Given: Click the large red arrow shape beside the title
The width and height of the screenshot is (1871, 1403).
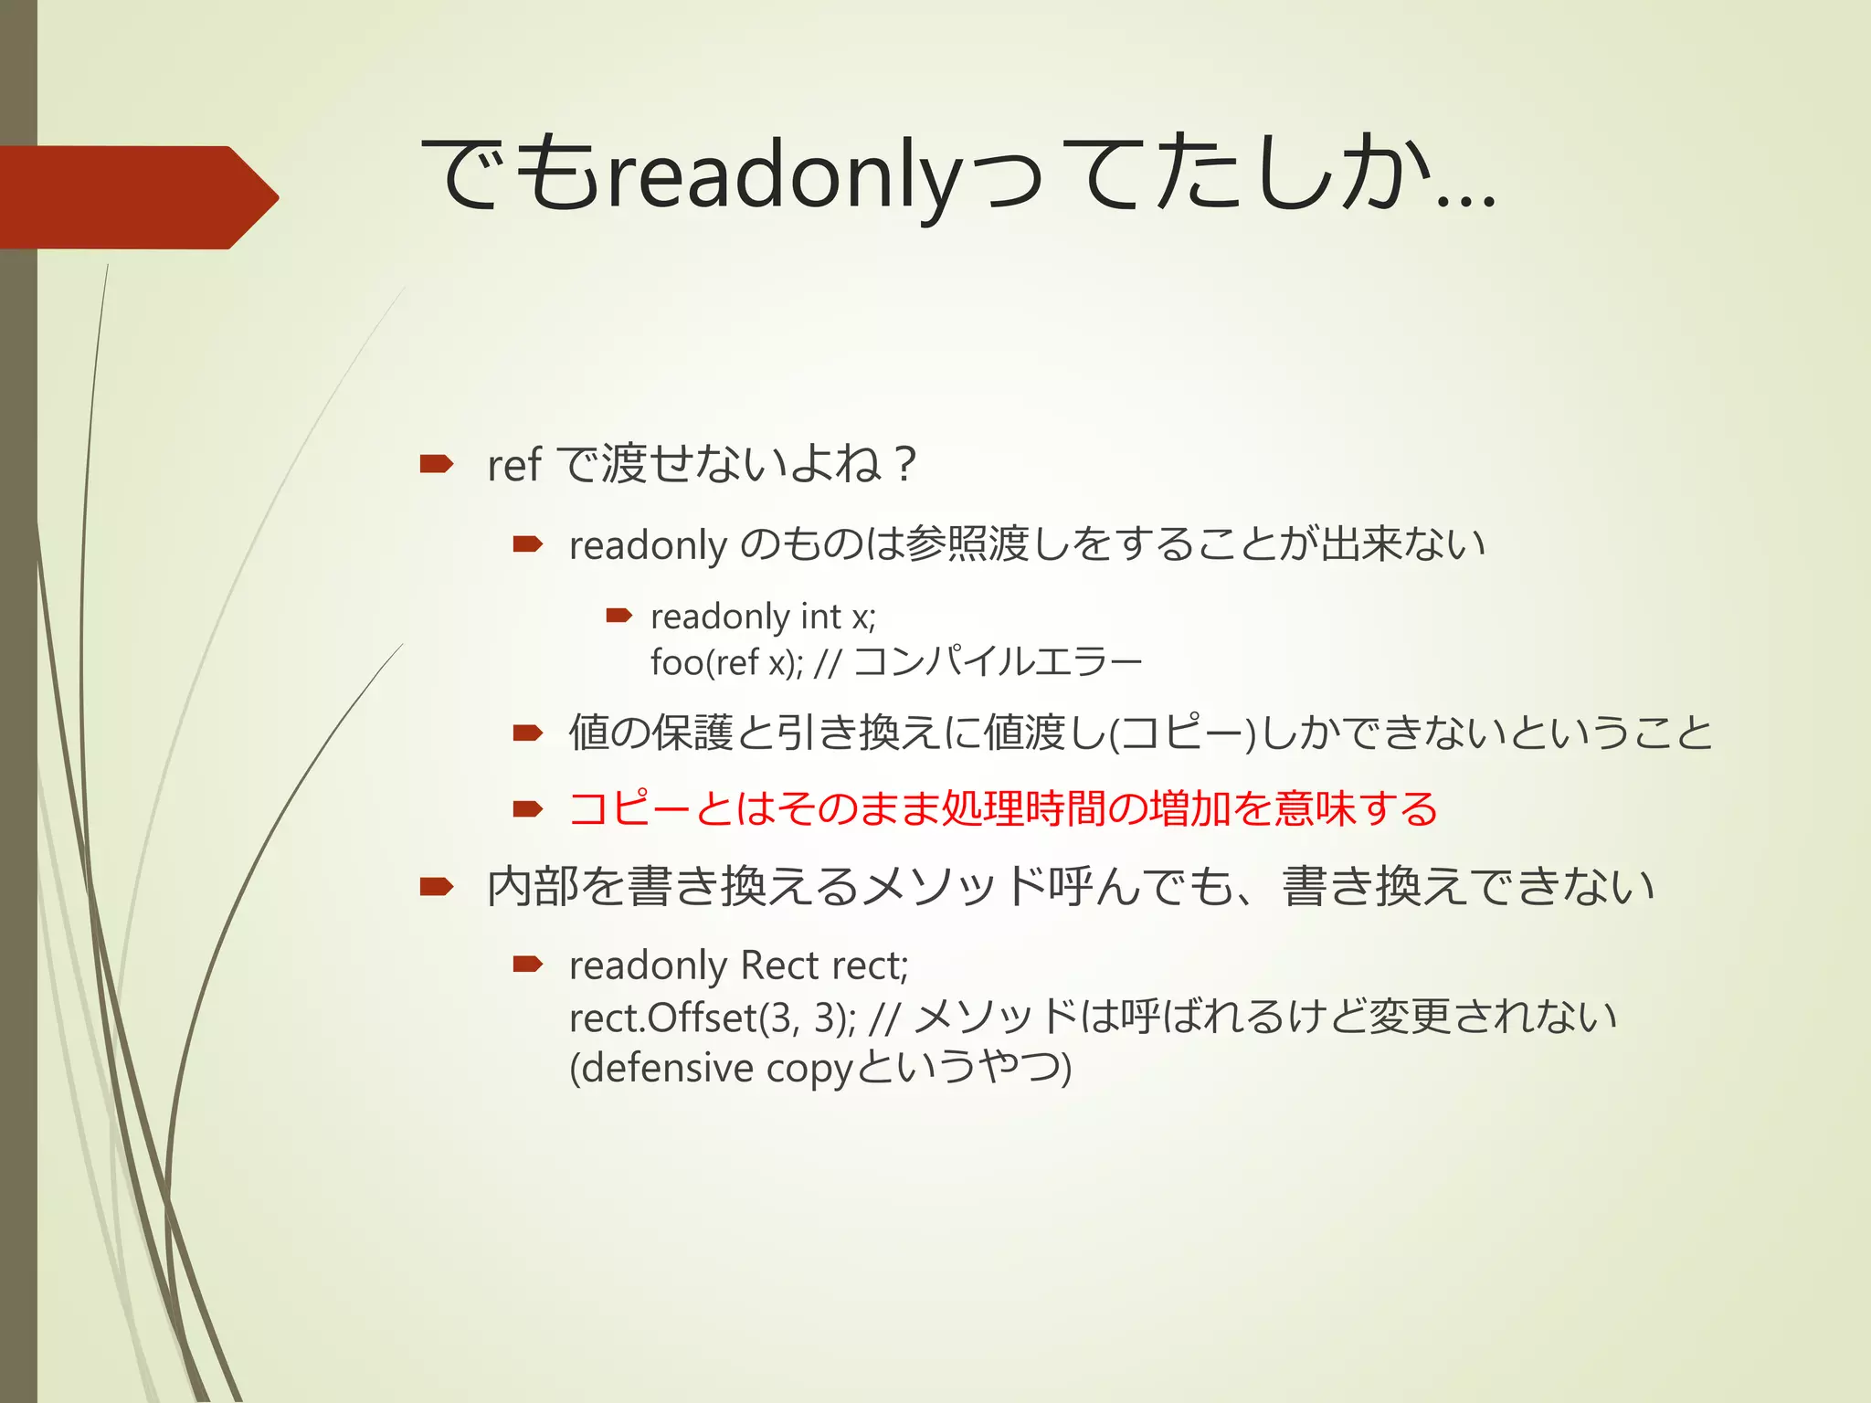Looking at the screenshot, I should (x=137, y=196).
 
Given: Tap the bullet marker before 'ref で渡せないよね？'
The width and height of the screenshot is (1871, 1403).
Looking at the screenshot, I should (x=436, y=465).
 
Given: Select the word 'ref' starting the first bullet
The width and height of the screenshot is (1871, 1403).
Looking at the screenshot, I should (x=513, y=465).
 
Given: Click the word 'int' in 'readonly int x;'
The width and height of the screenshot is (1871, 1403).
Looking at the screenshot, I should (x=819, y=617).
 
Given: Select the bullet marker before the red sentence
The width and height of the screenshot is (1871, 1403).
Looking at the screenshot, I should (x=528, y=809).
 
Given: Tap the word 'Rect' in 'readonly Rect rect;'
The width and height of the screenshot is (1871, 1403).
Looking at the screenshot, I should (x=779, y=966).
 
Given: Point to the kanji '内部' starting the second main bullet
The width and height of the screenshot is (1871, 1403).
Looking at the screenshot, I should (x=533, y=887).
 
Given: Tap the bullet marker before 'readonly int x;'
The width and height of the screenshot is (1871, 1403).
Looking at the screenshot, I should (x=619, y=617).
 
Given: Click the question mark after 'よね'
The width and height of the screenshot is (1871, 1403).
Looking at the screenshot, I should (x=904, y=465).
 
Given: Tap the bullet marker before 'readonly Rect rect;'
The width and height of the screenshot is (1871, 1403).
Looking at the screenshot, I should (x=528, y=964).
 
